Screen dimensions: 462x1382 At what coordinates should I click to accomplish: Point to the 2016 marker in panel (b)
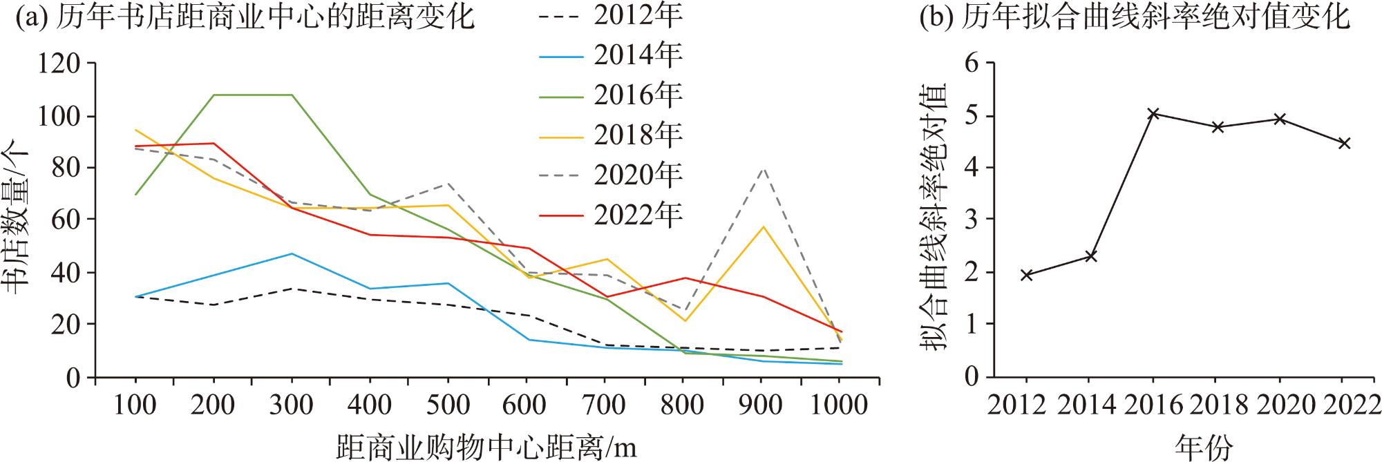(1153, 113)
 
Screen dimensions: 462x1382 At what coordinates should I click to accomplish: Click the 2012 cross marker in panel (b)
(1026, 275)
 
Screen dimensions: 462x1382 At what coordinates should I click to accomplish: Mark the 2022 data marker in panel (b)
(1344, 144)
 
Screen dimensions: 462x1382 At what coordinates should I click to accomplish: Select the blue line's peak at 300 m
(292, 253)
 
